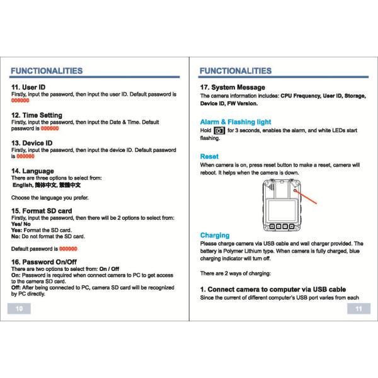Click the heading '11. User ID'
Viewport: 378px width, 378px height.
point(28,87)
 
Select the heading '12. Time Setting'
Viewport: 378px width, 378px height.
point(37,115)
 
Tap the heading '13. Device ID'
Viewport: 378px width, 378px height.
point(32,143)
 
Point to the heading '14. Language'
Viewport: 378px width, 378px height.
point(33,171)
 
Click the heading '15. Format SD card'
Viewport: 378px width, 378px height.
point(42,210)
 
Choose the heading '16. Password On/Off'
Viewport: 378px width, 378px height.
point(44,262)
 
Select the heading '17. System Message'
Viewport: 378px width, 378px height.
point(232,87)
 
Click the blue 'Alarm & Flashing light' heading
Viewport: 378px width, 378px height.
point(236,122)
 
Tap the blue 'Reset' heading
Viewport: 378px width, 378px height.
point(209,156)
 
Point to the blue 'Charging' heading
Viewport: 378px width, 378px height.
point(215,235)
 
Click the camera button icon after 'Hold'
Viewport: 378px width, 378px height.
point(219,130)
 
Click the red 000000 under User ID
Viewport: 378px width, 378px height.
point(20,100)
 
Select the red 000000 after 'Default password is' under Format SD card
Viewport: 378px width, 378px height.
point(68,249)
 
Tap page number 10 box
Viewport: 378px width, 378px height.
point(19,309)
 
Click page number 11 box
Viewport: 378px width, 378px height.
point(358,309)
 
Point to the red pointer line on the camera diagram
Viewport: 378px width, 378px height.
point(306,197)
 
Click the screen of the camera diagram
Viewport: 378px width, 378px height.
point(282,210)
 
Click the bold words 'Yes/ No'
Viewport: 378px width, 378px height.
point(21,224)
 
